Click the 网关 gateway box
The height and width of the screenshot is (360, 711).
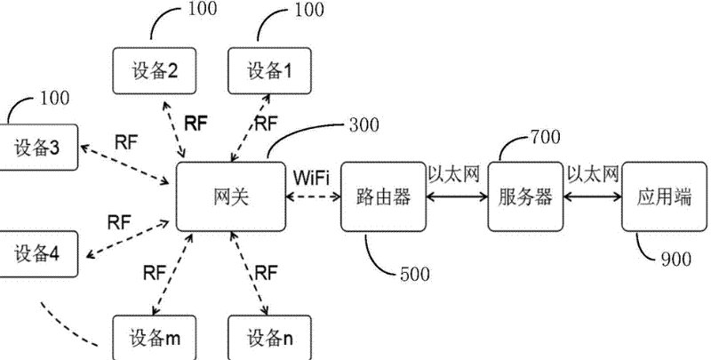click(230, 196)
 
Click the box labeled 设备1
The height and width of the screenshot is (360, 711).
click(267, 72)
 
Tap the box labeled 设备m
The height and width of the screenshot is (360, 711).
click(155, 337)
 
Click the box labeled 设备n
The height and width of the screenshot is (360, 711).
click(267, 337)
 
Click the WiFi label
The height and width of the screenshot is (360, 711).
click(311, 176)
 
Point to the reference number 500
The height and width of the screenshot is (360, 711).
click(414, 275)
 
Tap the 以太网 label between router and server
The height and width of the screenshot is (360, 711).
click(453, 175)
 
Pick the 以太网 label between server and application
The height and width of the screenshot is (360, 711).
click(592, 175)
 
